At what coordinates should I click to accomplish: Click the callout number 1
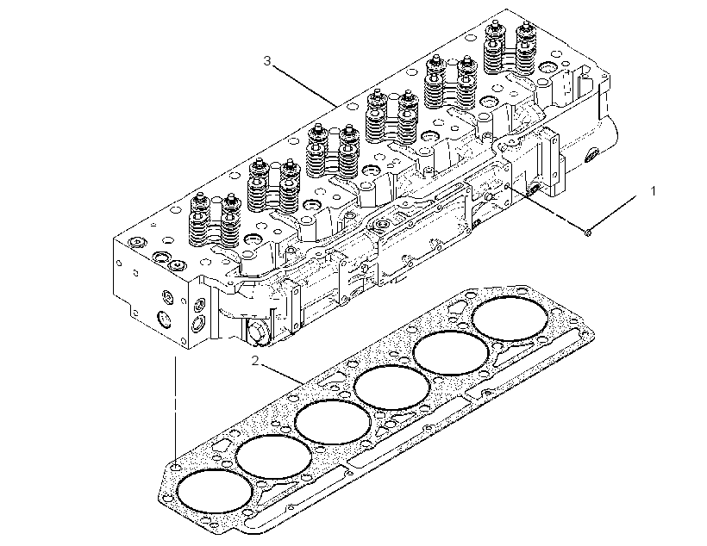pos(654,191)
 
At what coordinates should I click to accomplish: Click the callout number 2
pos(256,361)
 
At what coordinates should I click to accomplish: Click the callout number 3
pos(267,60)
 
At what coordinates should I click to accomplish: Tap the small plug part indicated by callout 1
pos(588,233)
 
